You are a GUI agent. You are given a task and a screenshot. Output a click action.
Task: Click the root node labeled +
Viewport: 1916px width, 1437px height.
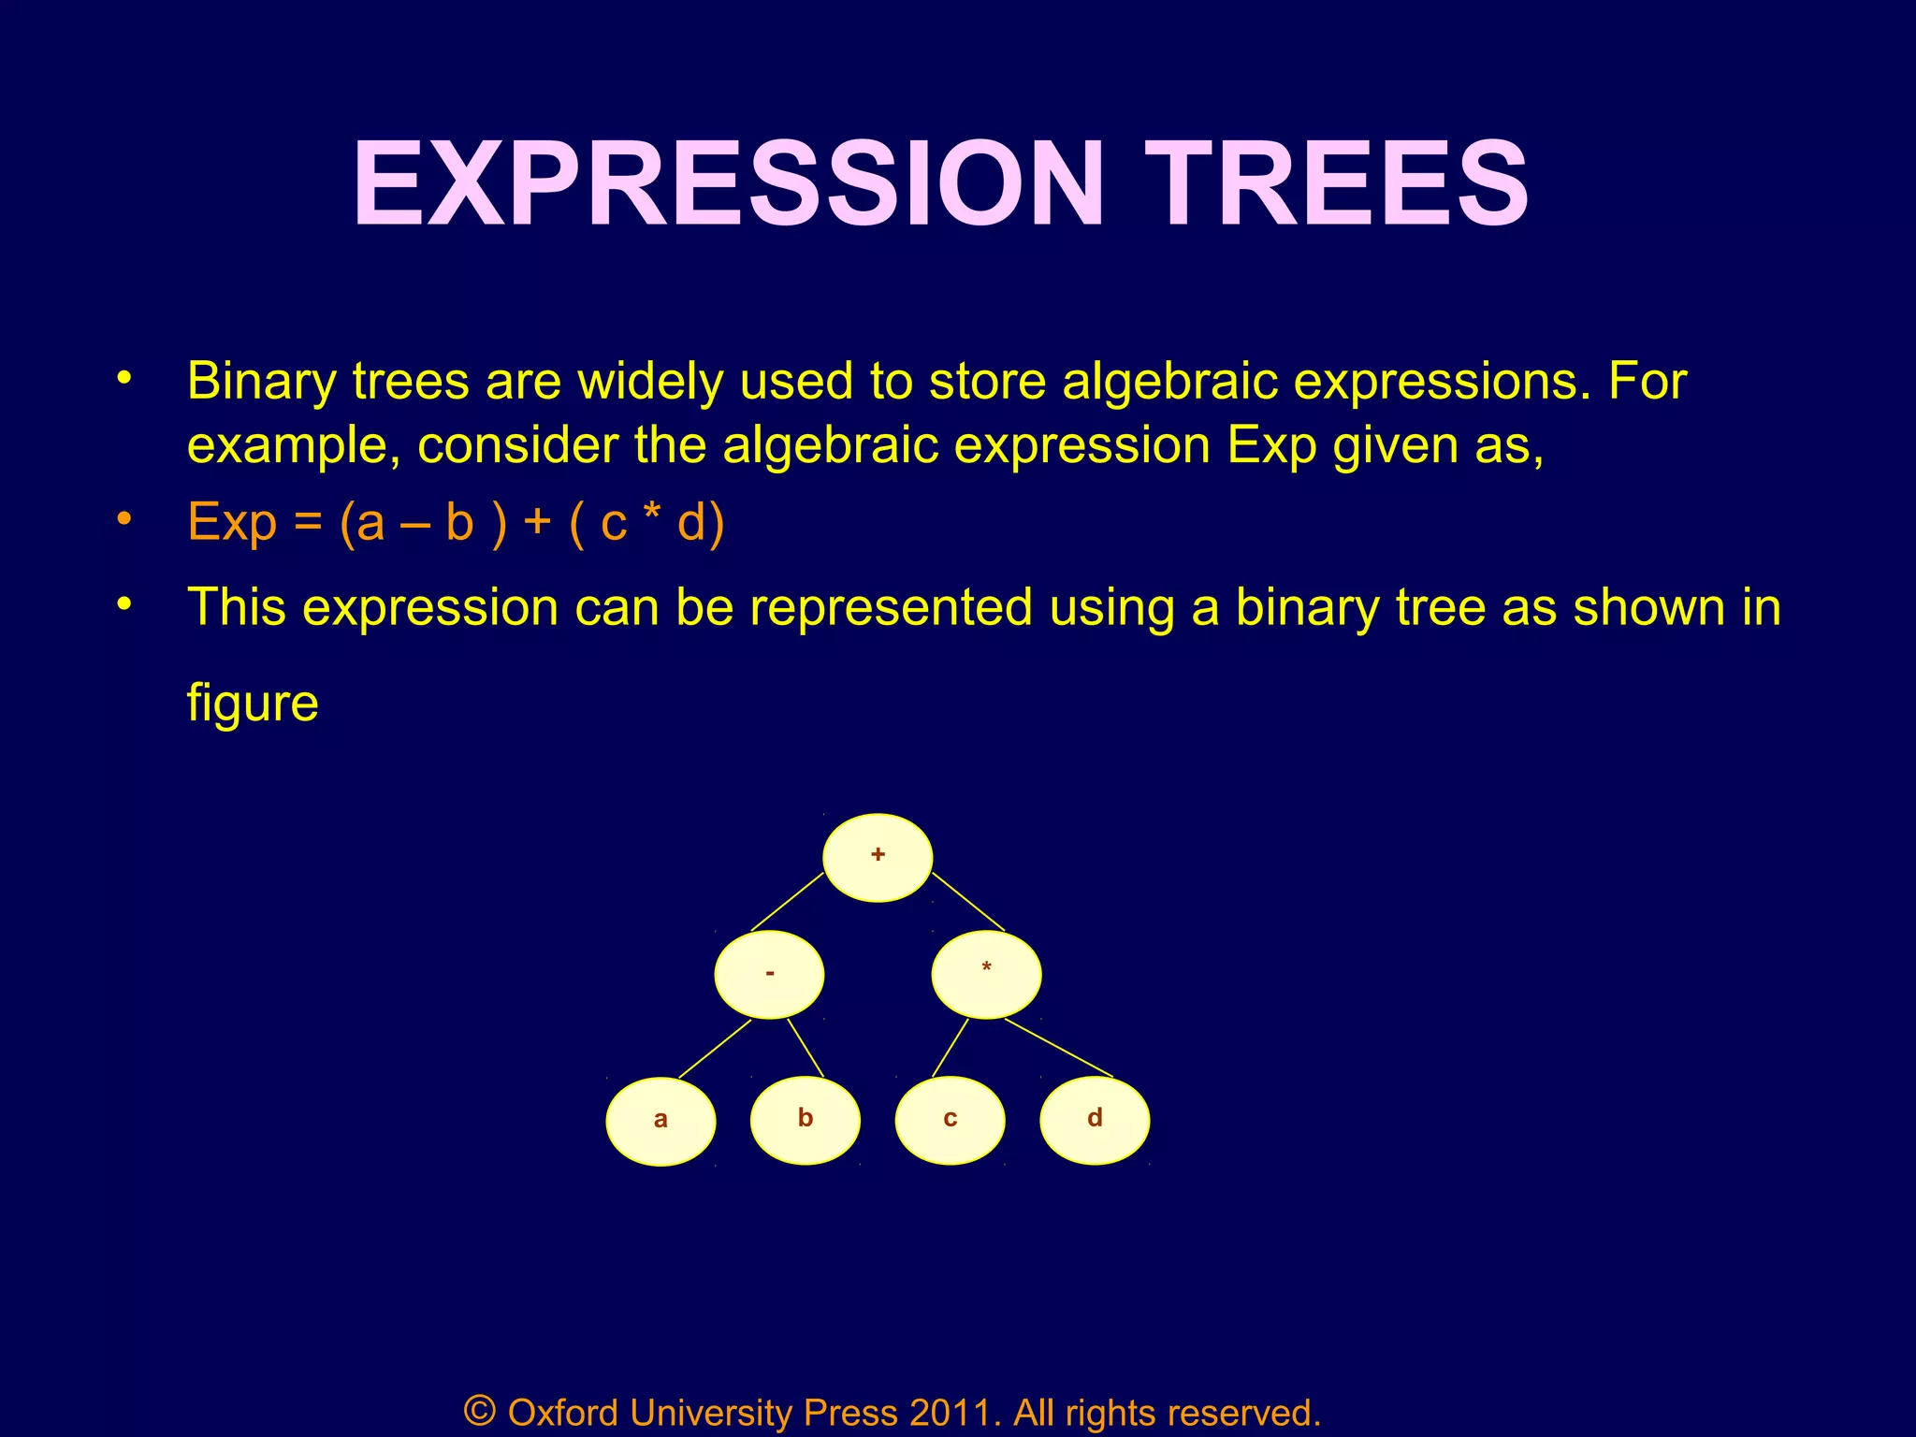point(878,857)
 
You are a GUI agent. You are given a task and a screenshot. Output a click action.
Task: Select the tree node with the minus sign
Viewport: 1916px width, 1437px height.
point(769,974)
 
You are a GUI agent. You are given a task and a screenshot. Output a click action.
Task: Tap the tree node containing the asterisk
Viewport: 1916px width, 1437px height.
point(986,974)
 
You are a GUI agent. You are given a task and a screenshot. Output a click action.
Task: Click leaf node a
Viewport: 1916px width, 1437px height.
point(660,1121)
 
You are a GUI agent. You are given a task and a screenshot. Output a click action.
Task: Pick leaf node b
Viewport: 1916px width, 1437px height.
point(806,1120)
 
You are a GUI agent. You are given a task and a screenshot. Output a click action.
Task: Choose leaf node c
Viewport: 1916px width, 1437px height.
point(950,1120)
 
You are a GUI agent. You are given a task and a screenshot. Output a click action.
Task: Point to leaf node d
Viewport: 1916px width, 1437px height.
point(1095,1120)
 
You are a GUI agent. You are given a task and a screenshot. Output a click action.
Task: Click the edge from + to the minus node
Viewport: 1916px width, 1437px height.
point(787,901)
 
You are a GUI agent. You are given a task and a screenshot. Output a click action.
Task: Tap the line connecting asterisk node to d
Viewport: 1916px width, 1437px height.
point(1058,1047)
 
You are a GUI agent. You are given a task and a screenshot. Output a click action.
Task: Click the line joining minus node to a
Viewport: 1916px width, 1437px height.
point(715,1049)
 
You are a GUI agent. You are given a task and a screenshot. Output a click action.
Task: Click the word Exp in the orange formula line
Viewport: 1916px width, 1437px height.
point(232,522)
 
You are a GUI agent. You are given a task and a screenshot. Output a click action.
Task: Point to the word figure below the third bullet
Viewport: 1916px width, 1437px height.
point(253,704)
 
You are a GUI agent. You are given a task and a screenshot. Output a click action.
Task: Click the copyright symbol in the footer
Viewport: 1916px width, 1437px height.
point(479,1410)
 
